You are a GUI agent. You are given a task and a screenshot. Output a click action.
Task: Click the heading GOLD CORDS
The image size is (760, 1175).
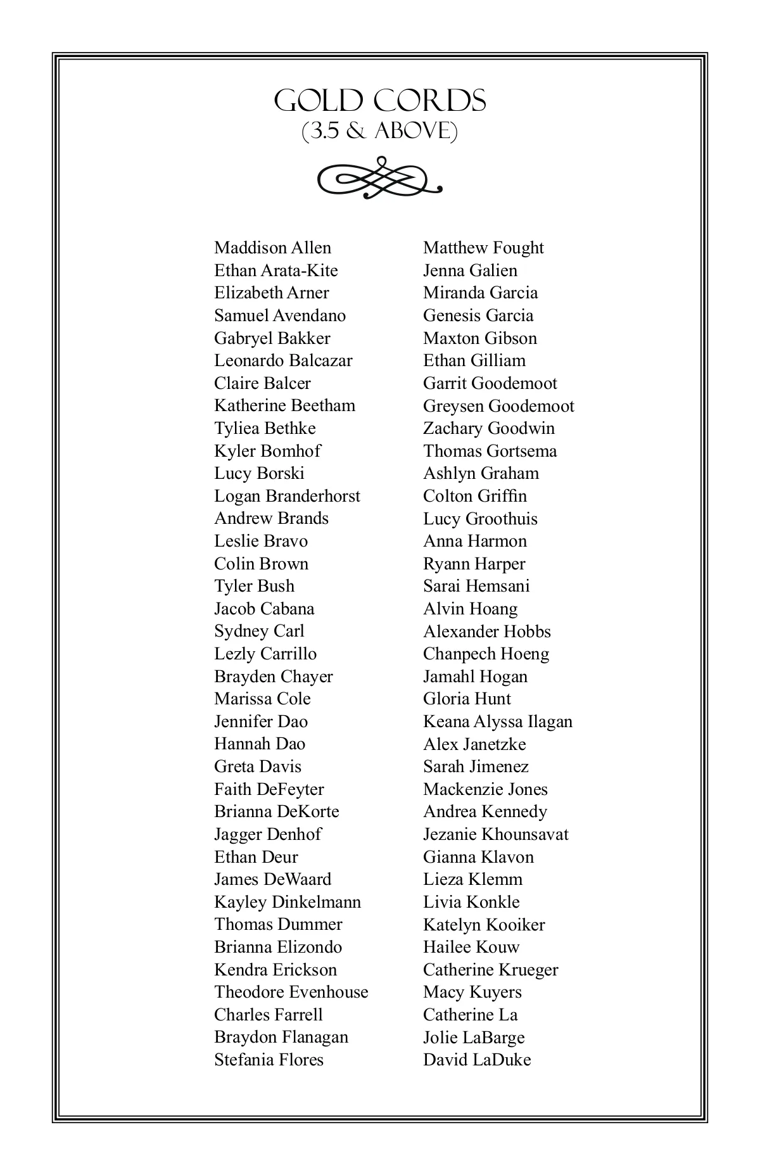click(x=380, y=101)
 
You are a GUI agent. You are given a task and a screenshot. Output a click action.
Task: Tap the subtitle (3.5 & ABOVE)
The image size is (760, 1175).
click(x=379, y=131)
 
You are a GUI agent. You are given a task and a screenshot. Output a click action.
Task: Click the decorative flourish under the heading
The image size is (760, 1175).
click(x=379, y=178)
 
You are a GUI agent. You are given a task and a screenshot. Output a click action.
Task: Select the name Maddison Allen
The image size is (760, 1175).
click(x=272, y=248)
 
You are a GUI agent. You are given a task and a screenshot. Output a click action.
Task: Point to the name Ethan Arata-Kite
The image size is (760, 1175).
click(x=275, y=270)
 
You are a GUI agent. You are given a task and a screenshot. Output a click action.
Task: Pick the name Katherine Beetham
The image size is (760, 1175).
click(x=284, y=405)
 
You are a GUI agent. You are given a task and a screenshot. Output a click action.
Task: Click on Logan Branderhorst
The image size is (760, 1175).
click(x=287, y=496)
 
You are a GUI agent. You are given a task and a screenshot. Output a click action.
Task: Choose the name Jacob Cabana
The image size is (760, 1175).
click(x=264, y=609)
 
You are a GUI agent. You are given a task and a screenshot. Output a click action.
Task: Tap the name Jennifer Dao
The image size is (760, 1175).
click(x=261, y=721)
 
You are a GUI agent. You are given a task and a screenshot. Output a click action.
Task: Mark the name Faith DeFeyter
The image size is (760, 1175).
click(x=269, y=789)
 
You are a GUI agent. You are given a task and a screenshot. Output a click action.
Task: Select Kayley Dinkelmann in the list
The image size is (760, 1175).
click(x=288, y=902)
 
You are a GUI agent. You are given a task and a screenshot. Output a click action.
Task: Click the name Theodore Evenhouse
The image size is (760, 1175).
click(x=291, y=992)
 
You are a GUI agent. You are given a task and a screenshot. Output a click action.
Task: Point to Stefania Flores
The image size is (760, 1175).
click(x=269, y=1060)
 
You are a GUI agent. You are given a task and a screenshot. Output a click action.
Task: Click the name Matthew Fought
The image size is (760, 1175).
click(x=483, y=248)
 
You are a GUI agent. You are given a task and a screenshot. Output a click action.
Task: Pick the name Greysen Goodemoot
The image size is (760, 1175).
click(x=498, y=405)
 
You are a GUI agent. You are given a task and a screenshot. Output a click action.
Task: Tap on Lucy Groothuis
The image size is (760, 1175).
click(x=480, y=519)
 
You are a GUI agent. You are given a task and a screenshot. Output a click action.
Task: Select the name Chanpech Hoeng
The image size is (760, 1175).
click(x=486, y=654)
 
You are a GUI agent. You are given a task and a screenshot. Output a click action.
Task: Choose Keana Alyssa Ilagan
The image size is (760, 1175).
click(x=497, y=721)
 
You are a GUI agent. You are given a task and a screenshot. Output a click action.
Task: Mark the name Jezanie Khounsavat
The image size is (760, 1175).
click(x=496, y=834)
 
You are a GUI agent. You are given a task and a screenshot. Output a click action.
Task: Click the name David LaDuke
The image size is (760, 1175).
click(x=477, y=1060)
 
